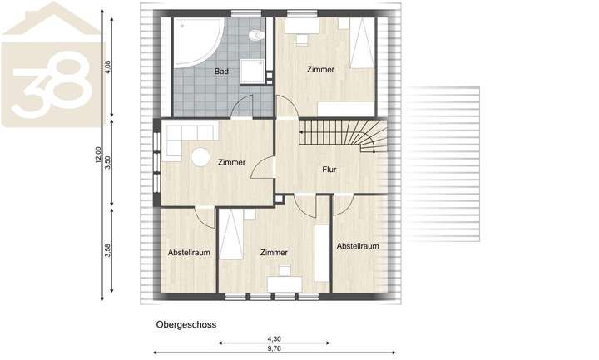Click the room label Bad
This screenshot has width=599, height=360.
point(220,72)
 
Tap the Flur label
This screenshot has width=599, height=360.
point(329,169)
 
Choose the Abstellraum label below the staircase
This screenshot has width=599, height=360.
point(358,246)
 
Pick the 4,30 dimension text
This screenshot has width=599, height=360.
point(274,339)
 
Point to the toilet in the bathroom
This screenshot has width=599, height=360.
point(257,34)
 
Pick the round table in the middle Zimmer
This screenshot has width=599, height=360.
point(200,157)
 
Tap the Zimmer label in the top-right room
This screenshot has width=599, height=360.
point(320,70)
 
